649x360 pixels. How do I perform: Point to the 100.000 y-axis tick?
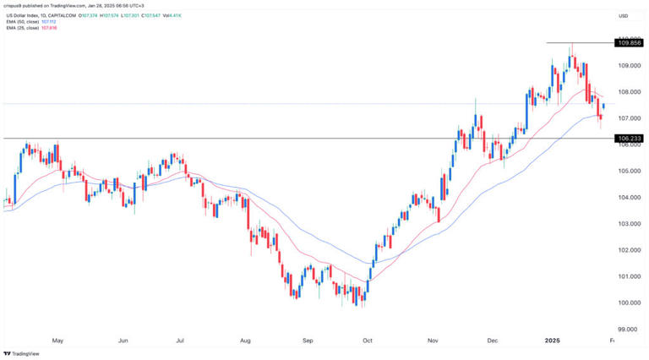(626, 303)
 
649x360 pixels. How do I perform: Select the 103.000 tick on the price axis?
(626, 224)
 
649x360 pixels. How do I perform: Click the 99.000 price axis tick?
(626, 330)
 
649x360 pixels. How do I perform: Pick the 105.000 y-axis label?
(626, 171)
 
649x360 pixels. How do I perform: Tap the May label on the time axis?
(57, 341)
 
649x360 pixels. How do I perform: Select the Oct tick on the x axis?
(367, 341)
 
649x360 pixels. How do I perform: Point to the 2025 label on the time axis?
(553, 341)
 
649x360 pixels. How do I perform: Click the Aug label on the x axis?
(245, 341)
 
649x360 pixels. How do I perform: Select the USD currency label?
(624, 16)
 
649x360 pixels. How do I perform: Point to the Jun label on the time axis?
(123, 341)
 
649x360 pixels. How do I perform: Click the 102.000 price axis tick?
(626, 250)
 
